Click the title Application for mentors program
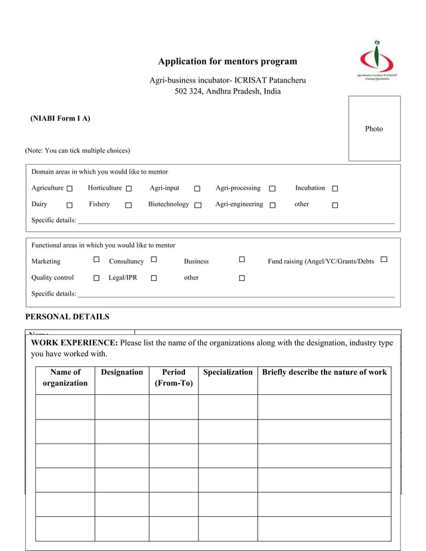tap(227, 61)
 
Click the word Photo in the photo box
tap(374, 129)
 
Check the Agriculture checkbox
tap(69, 189)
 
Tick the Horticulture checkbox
tap(129, 189)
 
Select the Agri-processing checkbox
tap(272, 189)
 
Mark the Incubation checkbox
tap(335, 189)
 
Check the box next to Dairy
tap(69, 205)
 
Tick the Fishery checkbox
tap(128, 205)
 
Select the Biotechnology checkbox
tap(198, 205)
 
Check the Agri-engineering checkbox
tap(272, 205)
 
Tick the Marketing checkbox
tap(96, 259)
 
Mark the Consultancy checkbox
tap(154, 259)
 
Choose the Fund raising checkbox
tap(384, 259)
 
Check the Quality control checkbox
tap(96, 278)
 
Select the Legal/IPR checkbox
tap(154, 278)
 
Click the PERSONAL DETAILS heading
tap(67, 317)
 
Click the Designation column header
tap(122, 372)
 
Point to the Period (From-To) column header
tap(174, 378)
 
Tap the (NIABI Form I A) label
tap(60, 119)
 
